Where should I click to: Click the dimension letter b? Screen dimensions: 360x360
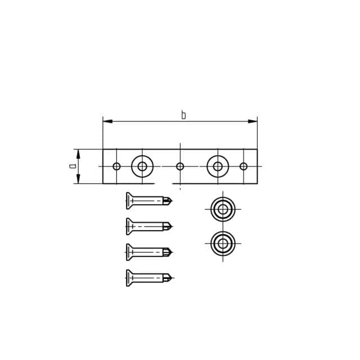coord(183,115)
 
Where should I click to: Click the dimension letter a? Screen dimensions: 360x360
coord(73,166)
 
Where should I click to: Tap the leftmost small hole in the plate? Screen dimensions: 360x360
coord(116,166)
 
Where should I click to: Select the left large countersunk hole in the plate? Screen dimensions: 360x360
coord(142,166)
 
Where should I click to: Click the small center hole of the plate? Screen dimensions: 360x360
coord(180,166)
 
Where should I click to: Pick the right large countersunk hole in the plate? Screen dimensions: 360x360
coord(218,166)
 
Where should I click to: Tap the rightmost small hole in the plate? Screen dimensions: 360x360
coord(244,166)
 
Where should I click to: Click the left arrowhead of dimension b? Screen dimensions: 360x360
coord(107,121)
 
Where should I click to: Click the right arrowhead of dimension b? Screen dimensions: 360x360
coord(253,121)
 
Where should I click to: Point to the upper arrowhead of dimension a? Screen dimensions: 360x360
coord(78,154)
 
